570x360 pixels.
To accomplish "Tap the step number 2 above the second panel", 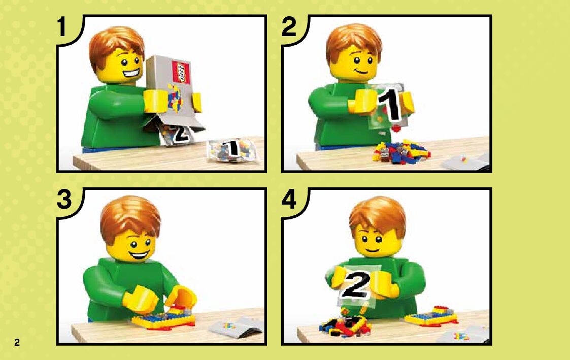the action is pos(289,26).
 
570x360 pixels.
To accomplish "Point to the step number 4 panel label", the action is pos(289,200).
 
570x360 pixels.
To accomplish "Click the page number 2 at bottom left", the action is pos(17,342).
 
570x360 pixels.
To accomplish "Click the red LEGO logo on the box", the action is pos(181,72).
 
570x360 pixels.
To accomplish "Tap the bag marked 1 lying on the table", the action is pos(232,150).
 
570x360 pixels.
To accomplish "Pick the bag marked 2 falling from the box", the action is pos(177,134).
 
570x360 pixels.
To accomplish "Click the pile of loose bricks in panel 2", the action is pos(401,151).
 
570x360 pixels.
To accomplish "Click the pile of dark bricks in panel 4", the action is pos(345,324).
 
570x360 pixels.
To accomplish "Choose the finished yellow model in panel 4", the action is pos(431,316).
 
